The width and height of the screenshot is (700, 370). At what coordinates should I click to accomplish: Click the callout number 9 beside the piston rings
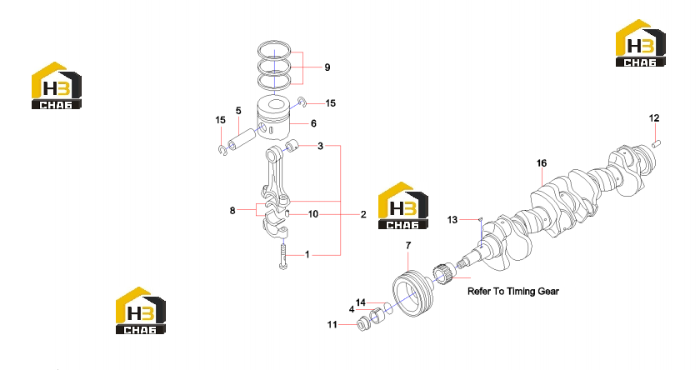coord(327,67)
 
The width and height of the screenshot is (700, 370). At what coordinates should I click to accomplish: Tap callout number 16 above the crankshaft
coord(542,163)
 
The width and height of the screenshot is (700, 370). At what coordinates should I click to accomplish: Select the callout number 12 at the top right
coord(654,118)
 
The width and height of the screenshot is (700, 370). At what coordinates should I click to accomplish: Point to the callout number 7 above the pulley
coord(408,246)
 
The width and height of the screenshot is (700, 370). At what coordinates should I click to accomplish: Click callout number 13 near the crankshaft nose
coord(452,220)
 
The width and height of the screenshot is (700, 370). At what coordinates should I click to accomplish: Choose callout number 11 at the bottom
coord(332,324)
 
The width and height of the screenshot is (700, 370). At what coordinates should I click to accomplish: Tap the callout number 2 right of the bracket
coord(363,215)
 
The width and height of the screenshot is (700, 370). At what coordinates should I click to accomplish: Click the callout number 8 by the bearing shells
coord(232,210)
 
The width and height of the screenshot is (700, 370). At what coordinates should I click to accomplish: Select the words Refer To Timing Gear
coord(513,292)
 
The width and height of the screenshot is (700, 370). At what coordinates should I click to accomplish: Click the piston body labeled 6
coord(273,118)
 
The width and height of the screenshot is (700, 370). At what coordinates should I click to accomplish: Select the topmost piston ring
coord(274,50)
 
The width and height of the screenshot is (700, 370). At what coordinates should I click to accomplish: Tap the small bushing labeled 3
coord(292,145)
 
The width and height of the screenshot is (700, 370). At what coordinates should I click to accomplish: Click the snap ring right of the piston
coord(303,102)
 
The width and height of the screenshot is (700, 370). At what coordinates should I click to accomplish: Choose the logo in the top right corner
coord(641,42)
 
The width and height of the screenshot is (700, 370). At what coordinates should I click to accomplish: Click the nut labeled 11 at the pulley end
coord(363,323)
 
